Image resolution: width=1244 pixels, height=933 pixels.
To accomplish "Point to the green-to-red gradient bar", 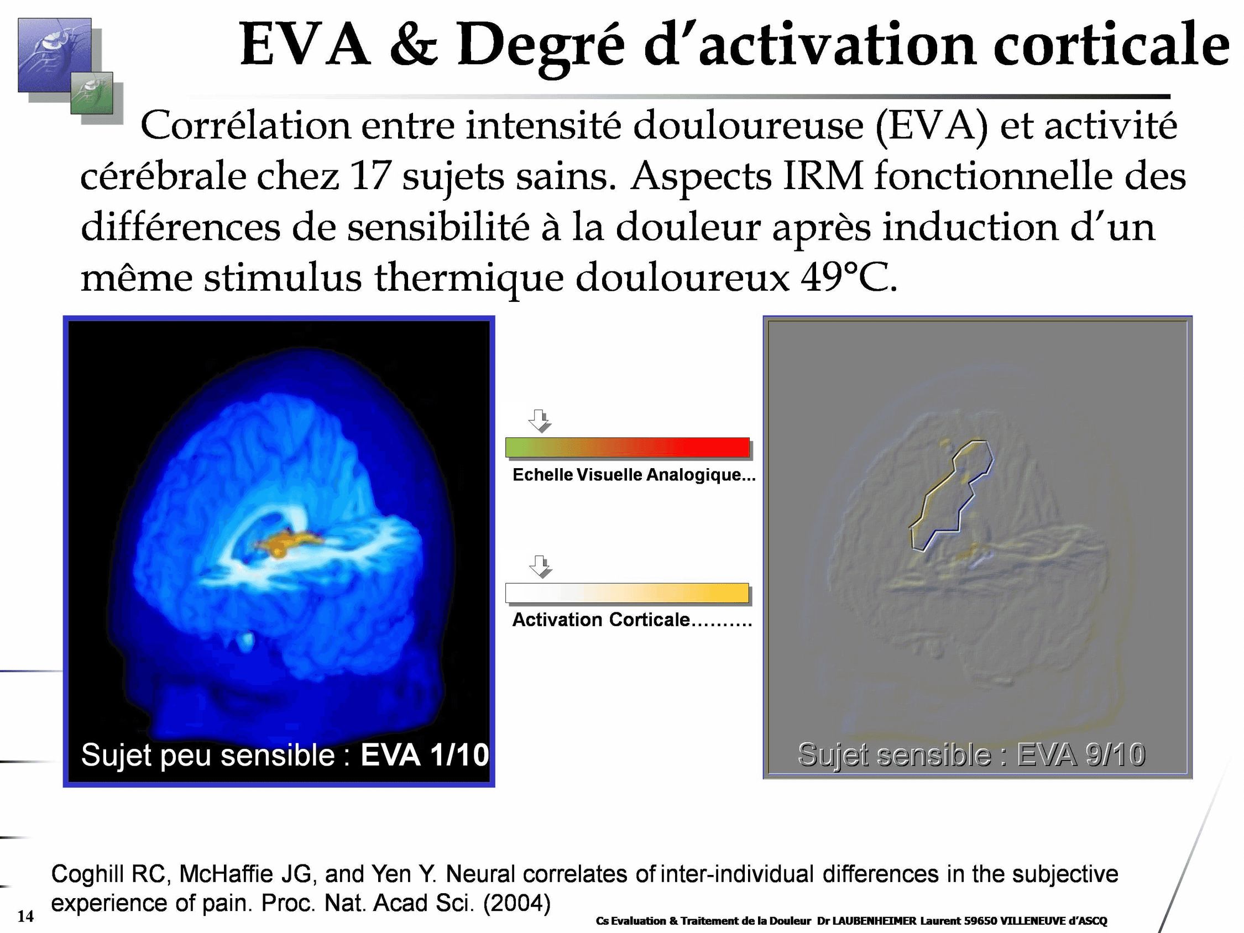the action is pyautogui.click(x=627, y=447).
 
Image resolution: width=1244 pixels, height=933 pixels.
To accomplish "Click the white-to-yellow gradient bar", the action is pyautogui.click(x=627, y=593).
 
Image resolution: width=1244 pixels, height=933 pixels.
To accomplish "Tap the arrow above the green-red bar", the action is pyautogui.click(x=539, y=421).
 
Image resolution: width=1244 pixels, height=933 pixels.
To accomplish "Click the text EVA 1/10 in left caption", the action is pyautogui.click(x=425, y=754).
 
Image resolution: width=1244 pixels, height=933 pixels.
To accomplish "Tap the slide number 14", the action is pyautogui.click(x=25, y=916).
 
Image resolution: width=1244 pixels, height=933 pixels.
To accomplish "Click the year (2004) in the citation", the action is pyautogui.click(x=516, y=903).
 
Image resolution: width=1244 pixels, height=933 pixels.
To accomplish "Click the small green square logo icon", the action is pyautogui.click(x=91, y=93).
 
